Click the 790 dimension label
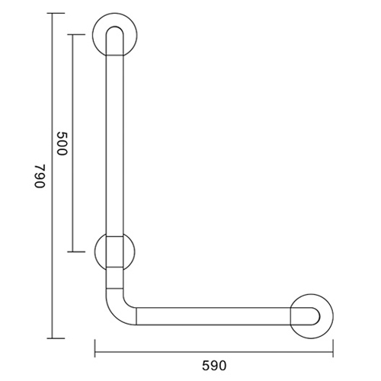click(x=40, y=176)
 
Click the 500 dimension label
click(x=62, y=143)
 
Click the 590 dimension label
click(x=214, y=366)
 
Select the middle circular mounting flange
click(x=98, y=251)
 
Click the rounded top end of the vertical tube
click(x=114, y=27)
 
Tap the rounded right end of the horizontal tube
click(x=319, y=316)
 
